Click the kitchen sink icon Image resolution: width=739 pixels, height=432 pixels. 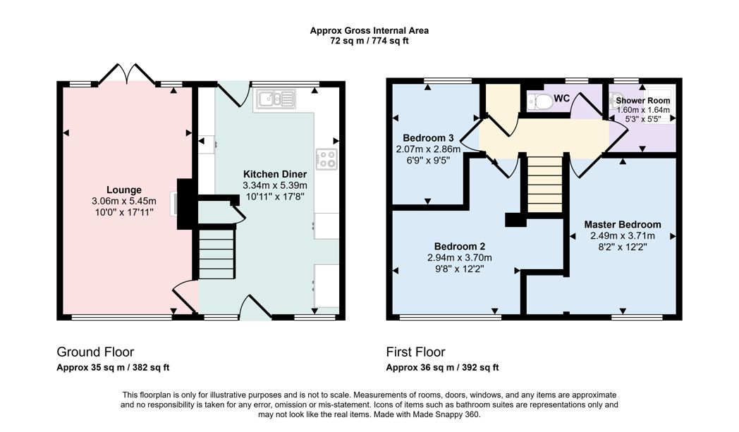click(276, 99)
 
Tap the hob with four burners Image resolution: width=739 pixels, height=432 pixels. click(326, 159)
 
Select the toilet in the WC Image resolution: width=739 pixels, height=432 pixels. click(540, 101)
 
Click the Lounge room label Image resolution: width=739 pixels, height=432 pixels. click(124, 190)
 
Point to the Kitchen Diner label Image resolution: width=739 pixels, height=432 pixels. click(275, 174)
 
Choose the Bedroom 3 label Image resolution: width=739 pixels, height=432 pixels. click(428, 138)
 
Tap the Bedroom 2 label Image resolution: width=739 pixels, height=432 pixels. click(460, 247)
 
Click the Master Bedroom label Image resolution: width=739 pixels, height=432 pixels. click(623, 225)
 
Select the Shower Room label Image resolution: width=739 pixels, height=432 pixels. click(643, 100)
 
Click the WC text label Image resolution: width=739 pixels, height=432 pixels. click(562, 99)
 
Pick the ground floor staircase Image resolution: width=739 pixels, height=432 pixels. click(216, 254)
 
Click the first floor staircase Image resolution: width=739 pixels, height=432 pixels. click(545, 184)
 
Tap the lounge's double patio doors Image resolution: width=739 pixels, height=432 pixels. click(127, 75)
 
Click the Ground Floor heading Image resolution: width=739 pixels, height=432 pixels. click(95, 352)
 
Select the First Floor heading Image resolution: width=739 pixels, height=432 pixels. click(416, 352)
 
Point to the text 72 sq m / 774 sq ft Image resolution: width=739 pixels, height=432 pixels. click(369, 41)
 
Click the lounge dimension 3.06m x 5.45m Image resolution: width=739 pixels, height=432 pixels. click(124, 201)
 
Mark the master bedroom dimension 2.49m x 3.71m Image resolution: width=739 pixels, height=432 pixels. click(623, 236)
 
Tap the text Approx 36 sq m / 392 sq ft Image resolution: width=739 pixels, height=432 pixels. click(442, 367)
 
